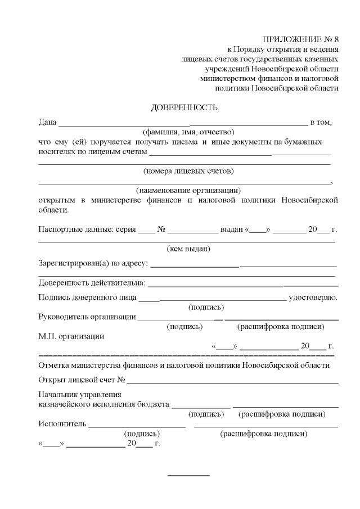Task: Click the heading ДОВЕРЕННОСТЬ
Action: pos(184,107)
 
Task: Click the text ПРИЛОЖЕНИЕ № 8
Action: pos(301,39)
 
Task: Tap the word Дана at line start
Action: pos(47,122)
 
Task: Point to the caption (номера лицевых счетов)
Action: pos(188,170)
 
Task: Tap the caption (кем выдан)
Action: pos(188,249)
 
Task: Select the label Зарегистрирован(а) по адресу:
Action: pos(93,263)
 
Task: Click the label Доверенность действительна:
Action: pos(92,282)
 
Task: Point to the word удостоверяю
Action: pos(313,297)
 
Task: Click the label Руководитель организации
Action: pos(87,316)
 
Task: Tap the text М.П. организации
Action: pos(71,336)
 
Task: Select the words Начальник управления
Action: pos(79,394)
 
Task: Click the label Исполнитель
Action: pos(62,424)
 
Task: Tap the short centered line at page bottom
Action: pos(188,476)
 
